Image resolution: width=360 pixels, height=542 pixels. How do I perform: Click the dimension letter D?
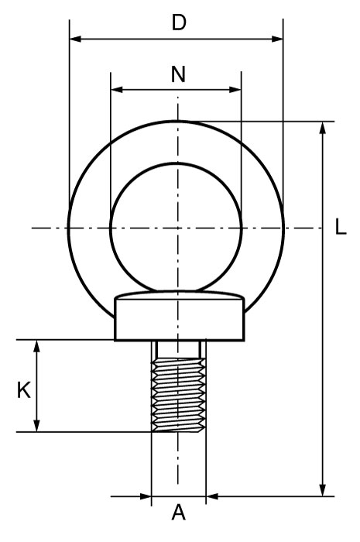point(179,22)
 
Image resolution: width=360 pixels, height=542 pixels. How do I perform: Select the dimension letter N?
point(178,74)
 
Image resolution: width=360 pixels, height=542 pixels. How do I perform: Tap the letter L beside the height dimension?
point(341,228)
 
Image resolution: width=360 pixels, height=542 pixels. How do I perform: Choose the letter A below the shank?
point(178,513)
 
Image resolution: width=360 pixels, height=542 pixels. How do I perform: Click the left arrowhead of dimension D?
point(75,38)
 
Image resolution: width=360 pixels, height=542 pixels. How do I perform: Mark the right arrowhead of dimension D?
point(277,38)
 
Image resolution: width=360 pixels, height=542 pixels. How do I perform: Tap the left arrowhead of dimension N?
point(117,89)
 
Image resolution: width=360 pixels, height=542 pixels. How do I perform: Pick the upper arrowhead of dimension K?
point(36,346)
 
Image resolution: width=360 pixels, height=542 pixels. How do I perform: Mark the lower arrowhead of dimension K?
point(36,425)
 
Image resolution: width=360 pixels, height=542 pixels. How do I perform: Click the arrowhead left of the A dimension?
point(146,496)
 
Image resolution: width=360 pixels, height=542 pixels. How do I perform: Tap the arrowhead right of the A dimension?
point(212,496)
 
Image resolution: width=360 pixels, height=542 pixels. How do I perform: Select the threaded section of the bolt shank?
point(179,395)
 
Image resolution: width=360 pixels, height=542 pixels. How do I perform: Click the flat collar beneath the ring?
point(179,319)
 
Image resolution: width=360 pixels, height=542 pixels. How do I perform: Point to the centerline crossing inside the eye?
point(179,228)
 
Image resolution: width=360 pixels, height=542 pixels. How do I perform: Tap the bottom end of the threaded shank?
point(179,430)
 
